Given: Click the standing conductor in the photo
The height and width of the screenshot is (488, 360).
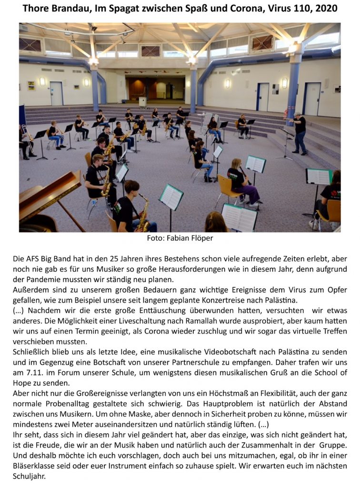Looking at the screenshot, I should tap(300, 132).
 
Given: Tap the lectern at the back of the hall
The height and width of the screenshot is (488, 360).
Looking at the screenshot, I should tap(142, 102).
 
